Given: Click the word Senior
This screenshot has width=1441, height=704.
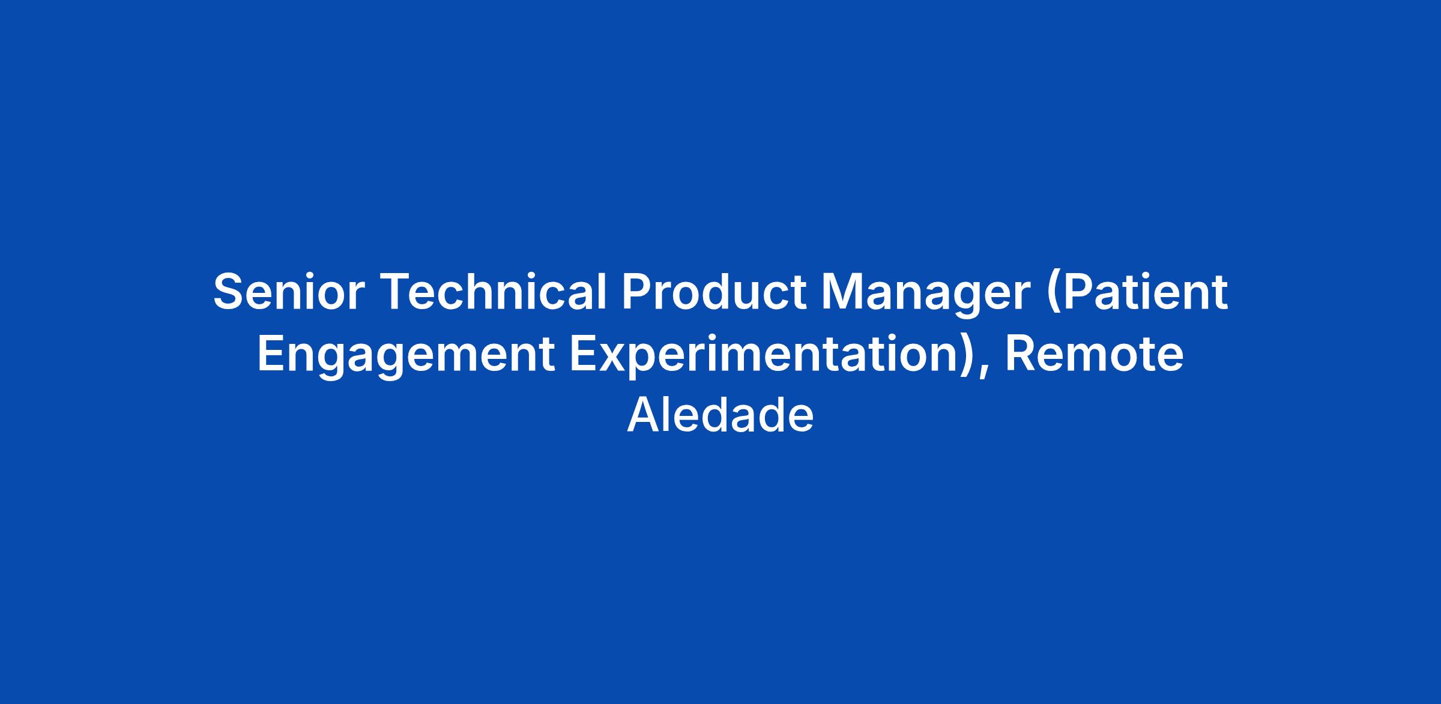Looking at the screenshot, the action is click(x=289, y=292).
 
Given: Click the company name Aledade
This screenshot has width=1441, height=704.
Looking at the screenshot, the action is click(x=720, y=415).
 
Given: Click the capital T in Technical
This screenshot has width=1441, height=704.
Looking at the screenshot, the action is click(x=397, y=293).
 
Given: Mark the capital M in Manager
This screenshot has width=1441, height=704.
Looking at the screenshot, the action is click(x=842, y=293).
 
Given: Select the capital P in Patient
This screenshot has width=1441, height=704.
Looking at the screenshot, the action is click(x=1084, y=293).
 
